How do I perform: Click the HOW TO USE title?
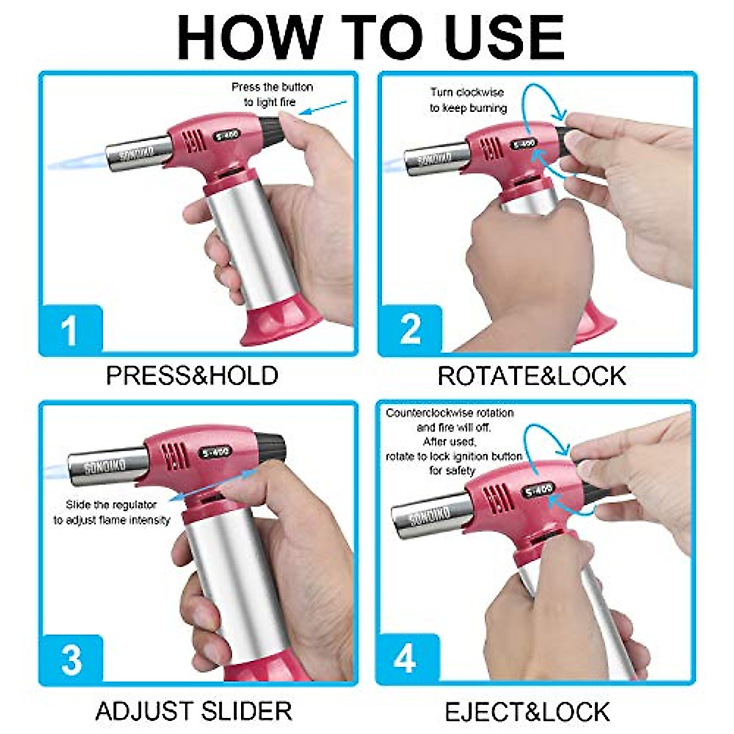click(370, 38)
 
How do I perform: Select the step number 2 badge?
click(410, 329)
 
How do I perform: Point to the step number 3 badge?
click(71, 659)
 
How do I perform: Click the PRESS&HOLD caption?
click(192, 376)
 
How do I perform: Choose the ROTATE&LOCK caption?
click(532, 376)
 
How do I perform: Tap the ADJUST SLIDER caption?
click(193, 711)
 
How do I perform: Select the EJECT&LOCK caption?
click(527, 712)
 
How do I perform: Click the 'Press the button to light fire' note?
click(272, 95)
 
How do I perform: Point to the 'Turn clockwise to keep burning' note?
click(468, 100)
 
